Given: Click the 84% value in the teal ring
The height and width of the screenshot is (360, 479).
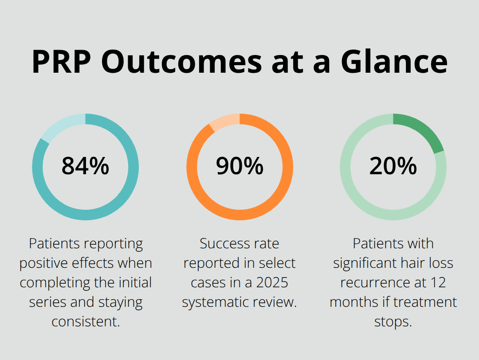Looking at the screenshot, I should pos(85,166).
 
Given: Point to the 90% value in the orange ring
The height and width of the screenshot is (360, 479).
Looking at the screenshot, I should pos(239,166).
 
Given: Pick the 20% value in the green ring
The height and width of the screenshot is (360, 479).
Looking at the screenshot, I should pos(393,166).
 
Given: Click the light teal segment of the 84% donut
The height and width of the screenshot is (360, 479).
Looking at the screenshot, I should pos(63,125).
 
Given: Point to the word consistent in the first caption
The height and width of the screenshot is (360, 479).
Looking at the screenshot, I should pos(85,321).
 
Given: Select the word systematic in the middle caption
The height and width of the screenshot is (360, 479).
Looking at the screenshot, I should pos(217,302).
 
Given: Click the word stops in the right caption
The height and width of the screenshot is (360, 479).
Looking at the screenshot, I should pos(393,321).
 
